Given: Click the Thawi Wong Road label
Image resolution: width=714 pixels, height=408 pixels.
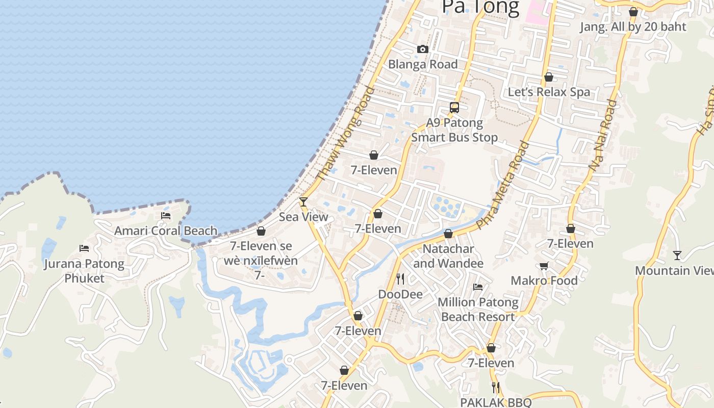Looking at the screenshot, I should tap(346, 134).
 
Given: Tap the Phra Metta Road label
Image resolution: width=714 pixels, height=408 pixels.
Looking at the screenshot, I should tap(502, 185).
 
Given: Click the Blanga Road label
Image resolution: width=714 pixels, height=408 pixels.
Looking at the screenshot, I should tap(423, 64).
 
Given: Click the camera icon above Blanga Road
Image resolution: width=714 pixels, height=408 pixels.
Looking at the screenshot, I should tap(422, 49).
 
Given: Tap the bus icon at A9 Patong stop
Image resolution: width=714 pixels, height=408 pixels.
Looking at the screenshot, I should tap(454, 108).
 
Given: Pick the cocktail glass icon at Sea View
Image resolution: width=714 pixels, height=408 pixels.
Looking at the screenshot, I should tap(303, 202).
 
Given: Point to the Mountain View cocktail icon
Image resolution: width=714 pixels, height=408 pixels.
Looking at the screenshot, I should tap(677, 256).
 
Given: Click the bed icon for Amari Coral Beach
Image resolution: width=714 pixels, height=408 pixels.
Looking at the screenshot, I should tap(166, 216).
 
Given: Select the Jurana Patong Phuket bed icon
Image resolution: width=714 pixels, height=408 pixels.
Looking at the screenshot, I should tap(84, 248).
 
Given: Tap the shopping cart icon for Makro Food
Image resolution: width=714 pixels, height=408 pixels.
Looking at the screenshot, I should tap(544, 266).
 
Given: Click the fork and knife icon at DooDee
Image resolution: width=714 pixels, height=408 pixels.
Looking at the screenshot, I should tap(400, 279).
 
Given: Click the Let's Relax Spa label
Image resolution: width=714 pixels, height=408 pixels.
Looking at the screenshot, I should tap(549, 92).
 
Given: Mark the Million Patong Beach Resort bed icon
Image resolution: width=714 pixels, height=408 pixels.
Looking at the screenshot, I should tap(478, 287).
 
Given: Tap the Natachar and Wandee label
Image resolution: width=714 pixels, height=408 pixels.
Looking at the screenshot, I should tap(448, 256).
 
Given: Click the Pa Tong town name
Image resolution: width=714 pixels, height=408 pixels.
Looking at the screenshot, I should tap(480, 7).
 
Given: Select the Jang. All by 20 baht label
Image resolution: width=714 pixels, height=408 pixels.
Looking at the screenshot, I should tap(633, 27).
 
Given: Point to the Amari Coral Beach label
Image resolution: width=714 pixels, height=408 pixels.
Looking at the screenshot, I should tap(166, 231).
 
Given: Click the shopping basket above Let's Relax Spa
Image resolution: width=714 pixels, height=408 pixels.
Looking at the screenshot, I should tap(549, 77).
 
